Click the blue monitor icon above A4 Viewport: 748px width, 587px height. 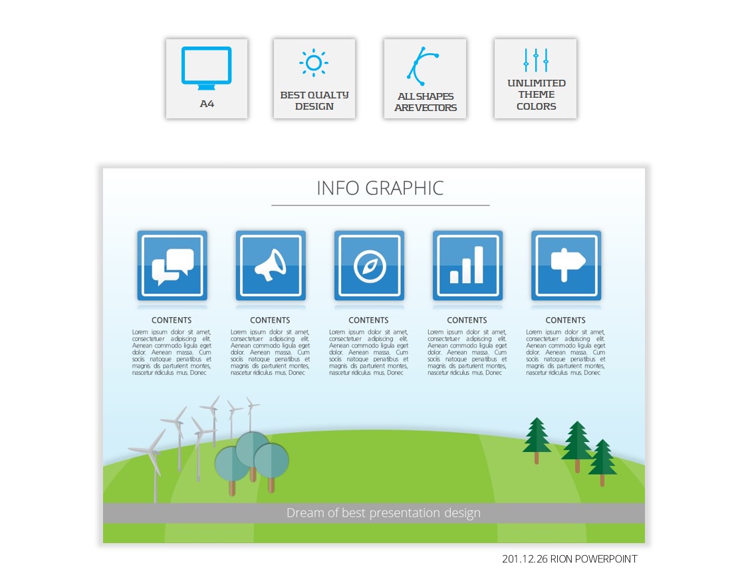pyautogui.click(x=207, y=68)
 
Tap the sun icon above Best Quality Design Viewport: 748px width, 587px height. pyautogui.click(x=314, y=62)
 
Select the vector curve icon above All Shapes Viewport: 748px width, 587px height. pyautogui.click(x=423, y=66)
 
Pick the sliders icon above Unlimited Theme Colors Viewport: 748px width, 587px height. pyautogui.click(x=536, y=60)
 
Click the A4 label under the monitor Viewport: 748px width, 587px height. pyautogui.click(x=207, y=104)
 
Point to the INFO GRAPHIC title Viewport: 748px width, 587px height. pyautogui.click(x=380, y=188)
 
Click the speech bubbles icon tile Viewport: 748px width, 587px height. pyautogui.click(x=172, y=266)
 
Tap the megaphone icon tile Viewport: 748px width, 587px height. pyautogui.click(x=271, y=266)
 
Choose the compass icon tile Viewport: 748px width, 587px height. pyautogui.click(x=369, y=266)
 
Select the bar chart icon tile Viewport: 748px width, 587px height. pyautogui.click(x=468, y=266)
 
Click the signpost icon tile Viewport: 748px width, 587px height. pyautogui.click(x=566, y=266)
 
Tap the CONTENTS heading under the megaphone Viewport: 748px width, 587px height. pyautogui.click(x=270, y=320)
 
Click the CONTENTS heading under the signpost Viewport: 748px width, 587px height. pyautogui.click(x=565, y=320)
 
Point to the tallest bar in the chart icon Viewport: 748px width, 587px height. pyautogui.click(x=479, y=265)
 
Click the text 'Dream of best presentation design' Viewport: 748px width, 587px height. pyautogui.click(x=384, y=513)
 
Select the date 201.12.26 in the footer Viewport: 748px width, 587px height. pyautogui.click(x=525, y=559)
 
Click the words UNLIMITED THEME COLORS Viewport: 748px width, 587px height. pyautogui.click(x=536, y=94)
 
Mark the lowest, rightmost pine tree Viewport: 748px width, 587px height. pyautogui.click(x=602, y=461)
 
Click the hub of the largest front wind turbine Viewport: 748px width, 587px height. pyautogui.click(x=152, y=451)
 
